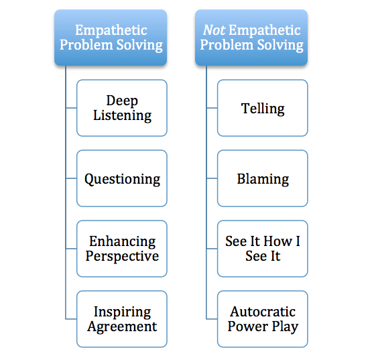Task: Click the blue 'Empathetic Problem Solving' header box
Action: tap(110, 38)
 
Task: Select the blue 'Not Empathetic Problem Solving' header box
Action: tap(251, 38)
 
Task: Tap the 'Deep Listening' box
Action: tap(122, 108)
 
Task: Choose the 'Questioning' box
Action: tap(122, 179)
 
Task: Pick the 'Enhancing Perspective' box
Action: tap(122, 249)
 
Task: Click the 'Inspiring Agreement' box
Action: tap(122, 319)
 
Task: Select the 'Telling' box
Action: tap(263, 108)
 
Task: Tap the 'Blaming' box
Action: tap(263, 179)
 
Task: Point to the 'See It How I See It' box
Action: tap(263, 249)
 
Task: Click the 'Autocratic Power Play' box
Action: tap(263, 319)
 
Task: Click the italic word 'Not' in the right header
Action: tap(213, 30)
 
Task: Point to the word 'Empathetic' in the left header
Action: tap(110, 30)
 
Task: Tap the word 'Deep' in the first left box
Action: tap(122, 101)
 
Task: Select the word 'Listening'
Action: tap(122, 115)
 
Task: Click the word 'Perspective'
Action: tap(122, 256)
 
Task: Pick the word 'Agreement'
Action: tap(122, 326)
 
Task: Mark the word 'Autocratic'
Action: tap(263, 312)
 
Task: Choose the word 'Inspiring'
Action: tap(122, 312)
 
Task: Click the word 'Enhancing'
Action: tap(122, 241)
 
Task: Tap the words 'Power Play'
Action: tap(263, 326)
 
